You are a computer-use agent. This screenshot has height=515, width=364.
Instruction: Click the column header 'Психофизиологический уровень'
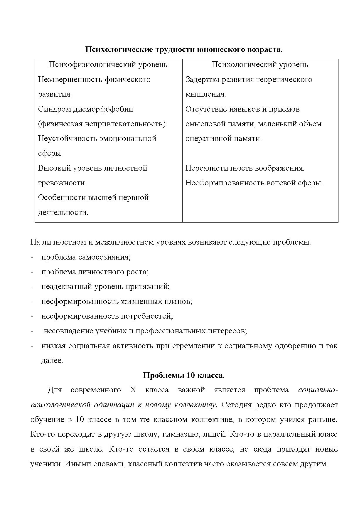pyautogui.click(x=108, y=65)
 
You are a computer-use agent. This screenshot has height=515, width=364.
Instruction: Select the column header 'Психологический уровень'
pyautogui.click(x=260, y=65)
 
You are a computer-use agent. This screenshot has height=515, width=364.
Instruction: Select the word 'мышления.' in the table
pyautogui.click(x=205, y=95)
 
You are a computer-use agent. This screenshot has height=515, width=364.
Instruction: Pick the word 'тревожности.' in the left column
pyautogui.click(x=62, y=183)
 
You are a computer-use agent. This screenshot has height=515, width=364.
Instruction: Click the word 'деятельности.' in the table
pyautogui.click(x=63, y=213)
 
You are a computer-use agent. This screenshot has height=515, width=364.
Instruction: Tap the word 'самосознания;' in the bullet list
pyautogui.click(x=105, y=257)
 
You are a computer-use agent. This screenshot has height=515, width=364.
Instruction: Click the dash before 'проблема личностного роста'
pyautogui.click(x=31, y=272)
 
